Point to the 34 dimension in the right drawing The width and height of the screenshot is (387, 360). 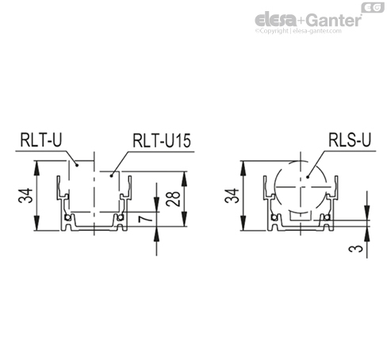(x=230, y=196)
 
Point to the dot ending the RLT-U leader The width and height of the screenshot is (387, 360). (x=75, y=167)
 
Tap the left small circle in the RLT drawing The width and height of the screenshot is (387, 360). (x=68, y=217)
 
